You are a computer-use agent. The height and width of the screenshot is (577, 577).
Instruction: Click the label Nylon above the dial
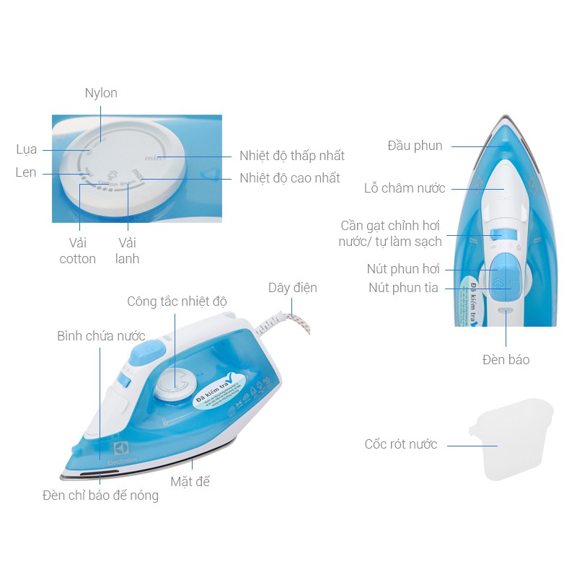(101, 93)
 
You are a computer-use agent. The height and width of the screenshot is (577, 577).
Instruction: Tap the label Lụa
(27, 150)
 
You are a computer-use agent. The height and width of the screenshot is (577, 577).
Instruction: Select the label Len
(26, 173)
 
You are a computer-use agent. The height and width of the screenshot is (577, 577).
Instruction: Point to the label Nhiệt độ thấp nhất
(292, 156)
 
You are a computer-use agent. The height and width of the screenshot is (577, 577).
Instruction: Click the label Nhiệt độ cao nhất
(290, 178)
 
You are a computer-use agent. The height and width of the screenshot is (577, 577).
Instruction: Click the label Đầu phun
(415, 146)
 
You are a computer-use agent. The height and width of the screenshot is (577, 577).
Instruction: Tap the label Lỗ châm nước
(405, 189)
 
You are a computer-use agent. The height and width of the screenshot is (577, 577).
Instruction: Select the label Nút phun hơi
(403, 270)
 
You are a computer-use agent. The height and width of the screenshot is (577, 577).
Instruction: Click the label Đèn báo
(506, 359)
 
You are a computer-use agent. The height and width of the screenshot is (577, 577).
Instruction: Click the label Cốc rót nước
(401, 444)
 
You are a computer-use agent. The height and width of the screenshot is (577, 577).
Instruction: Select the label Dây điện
(292, 288)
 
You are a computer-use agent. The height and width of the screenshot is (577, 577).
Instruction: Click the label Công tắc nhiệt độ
(177, 301)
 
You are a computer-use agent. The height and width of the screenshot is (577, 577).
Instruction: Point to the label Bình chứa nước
(101, 336)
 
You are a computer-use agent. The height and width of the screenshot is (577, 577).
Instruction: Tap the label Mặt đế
(190, 481)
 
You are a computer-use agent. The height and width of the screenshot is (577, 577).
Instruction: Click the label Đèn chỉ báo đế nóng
(100, 495)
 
